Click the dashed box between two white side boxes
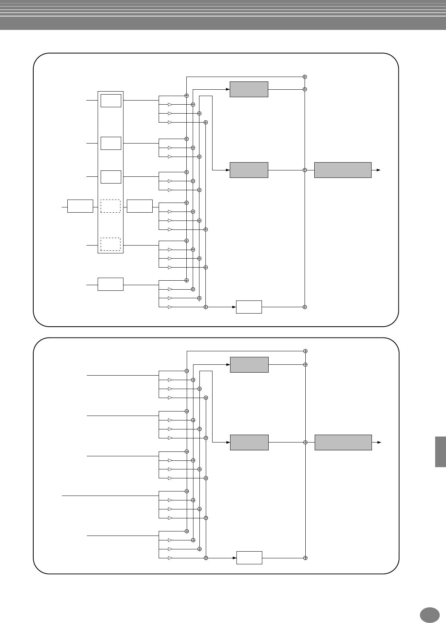[110, 206]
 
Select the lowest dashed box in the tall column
[110, 244]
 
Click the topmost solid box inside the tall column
[111, 101]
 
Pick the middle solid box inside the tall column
[111, 143]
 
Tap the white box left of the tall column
[80, 206]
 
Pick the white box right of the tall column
[140, 206]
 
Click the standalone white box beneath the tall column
[110, 284]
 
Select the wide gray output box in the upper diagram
[343, 170]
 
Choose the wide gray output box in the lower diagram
[343, 442]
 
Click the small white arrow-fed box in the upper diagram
[249, 307]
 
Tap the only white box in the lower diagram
[249, 558]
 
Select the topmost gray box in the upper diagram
[249, 89]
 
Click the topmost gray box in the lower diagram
[249, 365]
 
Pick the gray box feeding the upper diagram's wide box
[249, 170]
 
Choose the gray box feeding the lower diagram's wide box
[249, 442]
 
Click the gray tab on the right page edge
[440, 452]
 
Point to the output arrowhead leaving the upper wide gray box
[379, 170]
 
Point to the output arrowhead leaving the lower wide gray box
[379, 442]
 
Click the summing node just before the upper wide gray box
[305, 170]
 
